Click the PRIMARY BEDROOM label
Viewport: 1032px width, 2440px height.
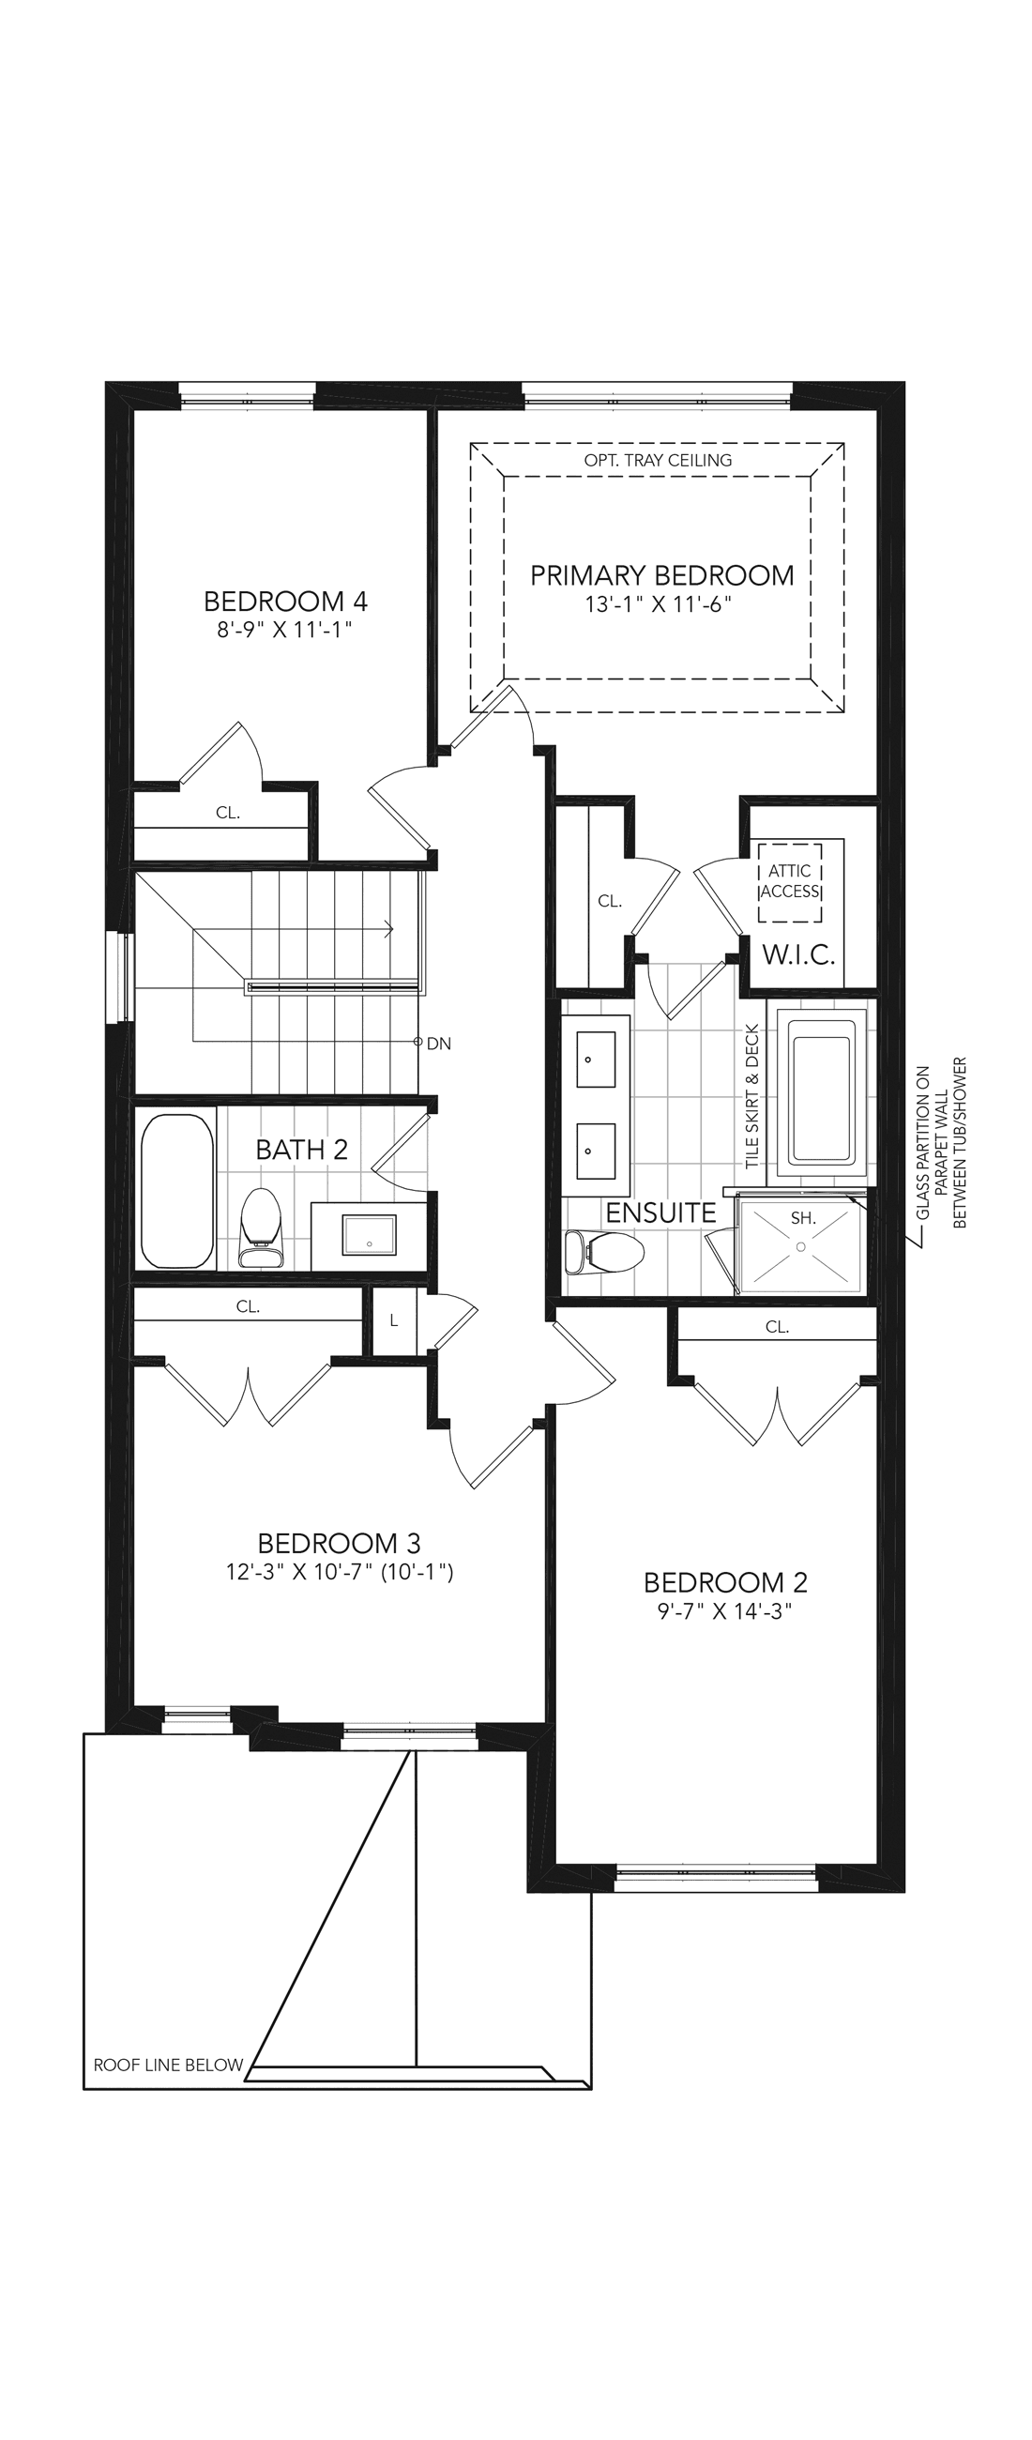661,575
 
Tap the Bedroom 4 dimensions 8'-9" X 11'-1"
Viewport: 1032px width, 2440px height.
284,630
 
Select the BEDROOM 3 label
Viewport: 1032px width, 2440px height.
339,1543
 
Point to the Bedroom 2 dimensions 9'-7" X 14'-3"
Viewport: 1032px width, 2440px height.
724,1611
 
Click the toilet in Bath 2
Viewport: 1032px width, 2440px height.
262,1228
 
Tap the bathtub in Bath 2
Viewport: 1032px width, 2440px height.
177,1191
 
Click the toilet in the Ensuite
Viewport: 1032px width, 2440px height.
603,1252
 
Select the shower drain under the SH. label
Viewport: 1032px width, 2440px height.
801,1247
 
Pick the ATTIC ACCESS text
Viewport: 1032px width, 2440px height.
790,881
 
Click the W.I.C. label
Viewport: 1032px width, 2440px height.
799,954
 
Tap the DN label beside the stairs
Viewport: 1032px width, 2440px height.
438,1044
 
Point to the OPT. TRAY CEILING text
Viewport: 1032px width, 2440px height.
658,461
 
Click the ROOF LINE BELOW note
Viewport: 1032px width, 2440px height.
169,2065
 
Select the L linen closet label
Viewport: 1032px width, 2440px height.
394,1320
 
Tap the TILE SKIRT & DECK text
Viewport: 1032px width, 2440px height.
752,1096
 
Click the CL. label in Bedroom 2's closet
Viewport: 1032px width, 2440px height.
778,1327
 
